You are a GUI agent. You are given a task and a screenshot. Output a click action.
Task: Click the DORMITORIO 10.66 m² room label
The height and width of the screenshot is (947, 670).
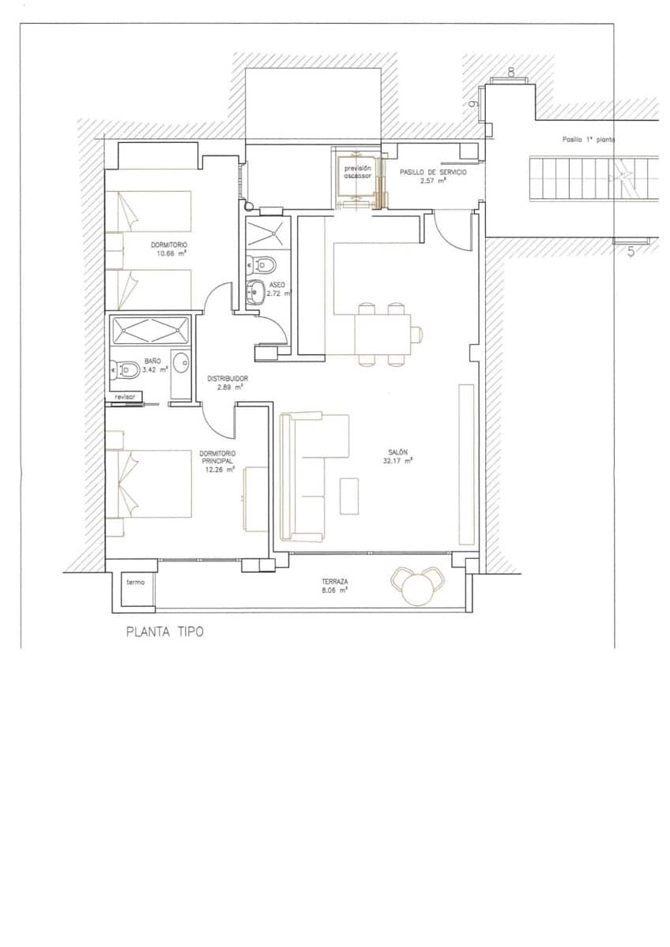[x=169, y=249]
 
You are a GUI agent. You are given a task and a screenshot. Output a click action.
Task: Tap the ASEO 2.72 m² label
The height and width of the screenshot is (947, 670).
[x=277, y=288]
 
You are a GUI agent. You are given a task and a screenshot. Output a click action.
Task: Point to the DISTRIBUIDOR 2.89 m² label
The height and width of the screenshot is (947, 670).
[x=228, y=383]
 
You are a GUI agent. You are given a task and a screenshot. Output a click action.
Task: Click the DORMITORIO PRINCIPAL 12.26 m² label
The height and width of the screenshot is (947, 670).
[x=219, y=461]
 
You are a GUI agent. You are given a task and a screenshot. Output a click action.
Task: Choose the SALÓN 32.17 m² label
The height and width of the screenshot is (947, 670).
[x=397, y=456]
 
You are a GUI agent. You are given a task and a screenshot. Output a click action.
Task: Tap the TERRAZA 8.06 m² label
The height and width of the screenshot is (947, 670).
[x=335, y=586]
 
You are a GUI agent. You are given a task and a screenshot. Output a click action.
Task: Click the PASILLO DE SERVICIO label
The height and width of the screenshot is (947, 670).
[x=433, y=176]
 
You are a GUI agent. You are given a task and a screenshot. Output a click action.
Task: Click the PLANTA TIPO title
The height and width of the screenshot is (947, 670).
[x=164, y=632]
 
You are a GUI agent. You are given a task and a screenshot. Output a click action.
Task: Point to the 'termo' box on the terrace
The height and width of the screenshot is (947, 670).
[x=134, y=582]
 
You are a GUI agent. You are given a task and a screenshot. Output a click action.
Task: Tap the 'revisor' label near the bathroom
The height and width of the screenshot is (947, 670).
[x=126, y=397]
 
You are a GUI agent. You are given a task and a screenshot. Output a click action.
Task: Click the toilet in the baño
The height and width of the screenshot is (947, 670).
[x=127, y=369]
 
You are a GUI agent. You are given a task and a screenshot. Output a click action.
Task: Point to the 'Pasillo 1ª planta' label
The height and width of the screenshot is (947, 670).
[x=589, y=139]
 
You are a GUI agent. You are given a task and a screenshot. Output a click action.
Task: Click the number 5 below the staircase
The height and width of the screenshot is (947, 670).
[x=630, y=253]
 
